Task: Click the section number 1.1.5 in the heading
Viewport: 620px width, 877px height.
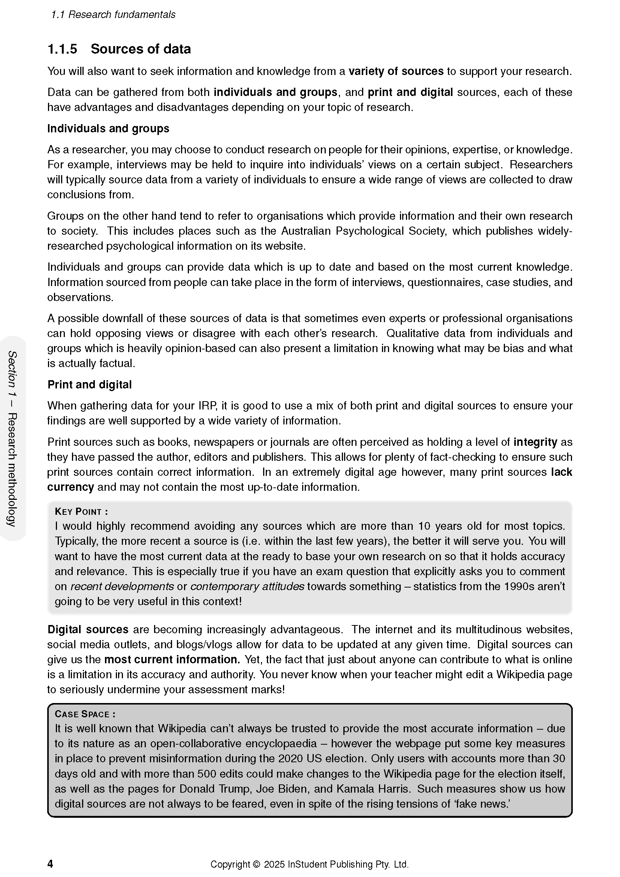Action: click(62, 49)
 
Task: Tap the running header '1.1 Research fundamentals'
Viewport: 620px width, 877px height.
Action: click(113, 15)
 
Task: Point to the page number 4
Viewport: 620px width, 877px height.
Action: click(50, 864)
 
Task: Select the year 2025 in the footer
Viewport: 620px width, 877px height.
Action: click(274, 864)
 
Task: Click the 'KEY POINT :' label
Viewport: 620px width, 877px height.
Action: click(81, 512)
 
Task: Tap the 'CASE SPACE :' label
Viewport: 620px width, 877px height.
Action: click(85, 714)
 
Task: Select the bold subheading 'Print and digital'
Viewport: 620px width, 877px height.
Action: click(89, 385)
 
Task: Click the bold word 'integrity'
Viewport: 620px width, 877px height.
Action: click(535, 442)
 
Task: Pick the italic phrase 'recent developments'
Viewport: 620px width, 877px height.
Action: click(123, 586)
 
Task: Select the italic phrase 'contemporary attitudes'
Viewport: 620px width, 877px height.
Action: click(247, 586)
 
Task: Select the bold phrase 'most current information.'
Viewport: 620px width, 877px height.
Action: click(172, 660)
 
